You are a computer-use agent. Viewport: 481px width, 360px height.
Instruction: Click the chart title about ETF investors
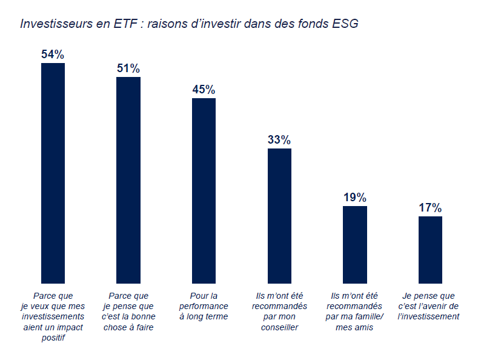pos(189,24)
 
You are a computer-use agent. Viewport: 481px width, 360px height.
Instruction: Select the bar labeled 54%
pos(53,173)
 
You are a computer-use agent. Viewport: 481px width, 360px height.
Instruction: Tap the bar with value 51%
pos(128,180)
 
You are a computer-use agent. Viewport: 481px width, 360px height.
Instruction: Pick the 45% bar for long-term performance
pos(204,190)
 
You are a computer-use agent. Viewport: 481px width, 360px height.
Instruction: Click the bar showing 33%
pos(279,216)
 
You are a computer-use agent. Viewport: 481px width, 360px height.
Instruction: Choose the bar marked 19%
pos(355,244)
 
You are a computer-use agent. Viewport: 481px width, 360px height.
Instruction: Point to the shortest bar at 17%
pos(430,249)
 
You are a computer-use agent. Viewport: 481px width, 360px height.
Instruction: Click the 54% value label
pos(53,55)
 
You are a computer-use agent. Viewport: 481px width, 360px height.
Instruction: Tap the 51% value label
pos(128,68)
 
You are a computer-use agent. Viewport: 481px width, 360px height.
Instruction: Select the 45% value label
pos(204,90)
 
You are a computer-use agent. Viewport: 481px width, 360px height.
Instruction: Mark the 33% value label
pos(279,140)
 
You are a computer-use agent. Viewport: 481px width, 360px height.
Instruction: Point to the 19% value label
pos(355,198)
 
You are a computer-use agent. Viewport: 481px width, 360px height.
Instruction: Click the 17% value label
pos(430,208)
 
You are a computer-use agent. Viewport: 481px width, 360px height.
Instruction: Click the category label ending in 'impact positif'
pos(53,316)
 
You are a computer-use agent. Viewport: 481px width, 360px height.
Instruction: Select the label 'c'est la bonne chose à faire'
pos(128,312)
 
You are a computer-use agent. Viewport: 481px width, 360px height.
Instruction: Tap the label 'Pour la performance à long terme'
pos(204,306)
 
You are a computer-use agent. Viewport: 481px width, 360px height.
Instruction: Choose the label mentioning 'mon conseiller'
pos(279,312)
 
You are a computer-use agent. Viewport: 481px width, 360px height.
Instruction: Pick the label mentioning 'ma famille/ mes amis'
pos(355,312)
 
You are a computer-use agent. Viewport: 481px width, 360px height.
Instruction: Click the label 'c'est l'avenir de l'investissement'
pos(430,306)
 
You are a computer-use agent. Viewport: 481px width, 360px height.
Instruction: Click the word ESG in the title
pos(345,24)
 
